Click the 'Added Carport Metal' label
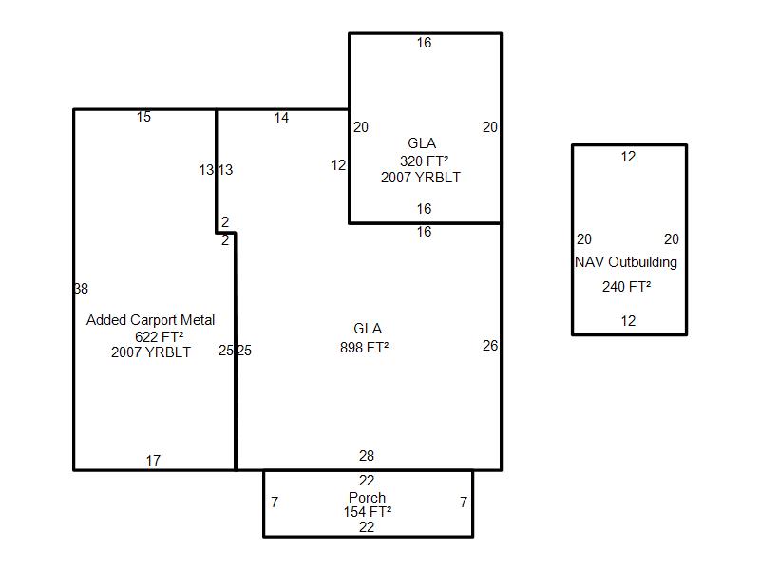click(150, 320)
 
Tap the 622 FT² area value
click(159, 336)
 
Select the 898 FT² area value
click(365, 348)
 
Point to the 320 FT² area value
click(424, 161)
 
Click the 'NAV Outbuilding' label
click(626, 262)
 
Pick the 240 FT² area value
click(626, 287)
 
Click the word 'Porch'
click(367, 497)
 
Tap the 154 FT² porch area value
click(368, 512)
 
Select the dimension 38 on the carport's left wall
click(81, 289)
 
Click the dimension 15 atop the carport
click(143, 117)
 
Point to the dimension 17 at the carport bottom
click(153, 461)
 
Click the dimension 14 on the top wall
click(281, 118)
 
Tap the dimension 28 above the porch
click(367, 456)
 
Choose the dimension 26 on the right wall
click(490, 346)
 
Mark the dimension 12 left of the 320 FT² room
click(338, 165)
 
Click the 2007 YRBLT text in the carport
click(151, 351)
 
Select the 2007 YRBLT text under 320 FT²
click(421, 178)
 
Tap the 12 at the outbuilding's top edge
click(628, 157)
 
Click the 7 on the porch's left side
click(275, 503)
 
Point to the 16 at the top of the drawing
click(424, 43)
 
